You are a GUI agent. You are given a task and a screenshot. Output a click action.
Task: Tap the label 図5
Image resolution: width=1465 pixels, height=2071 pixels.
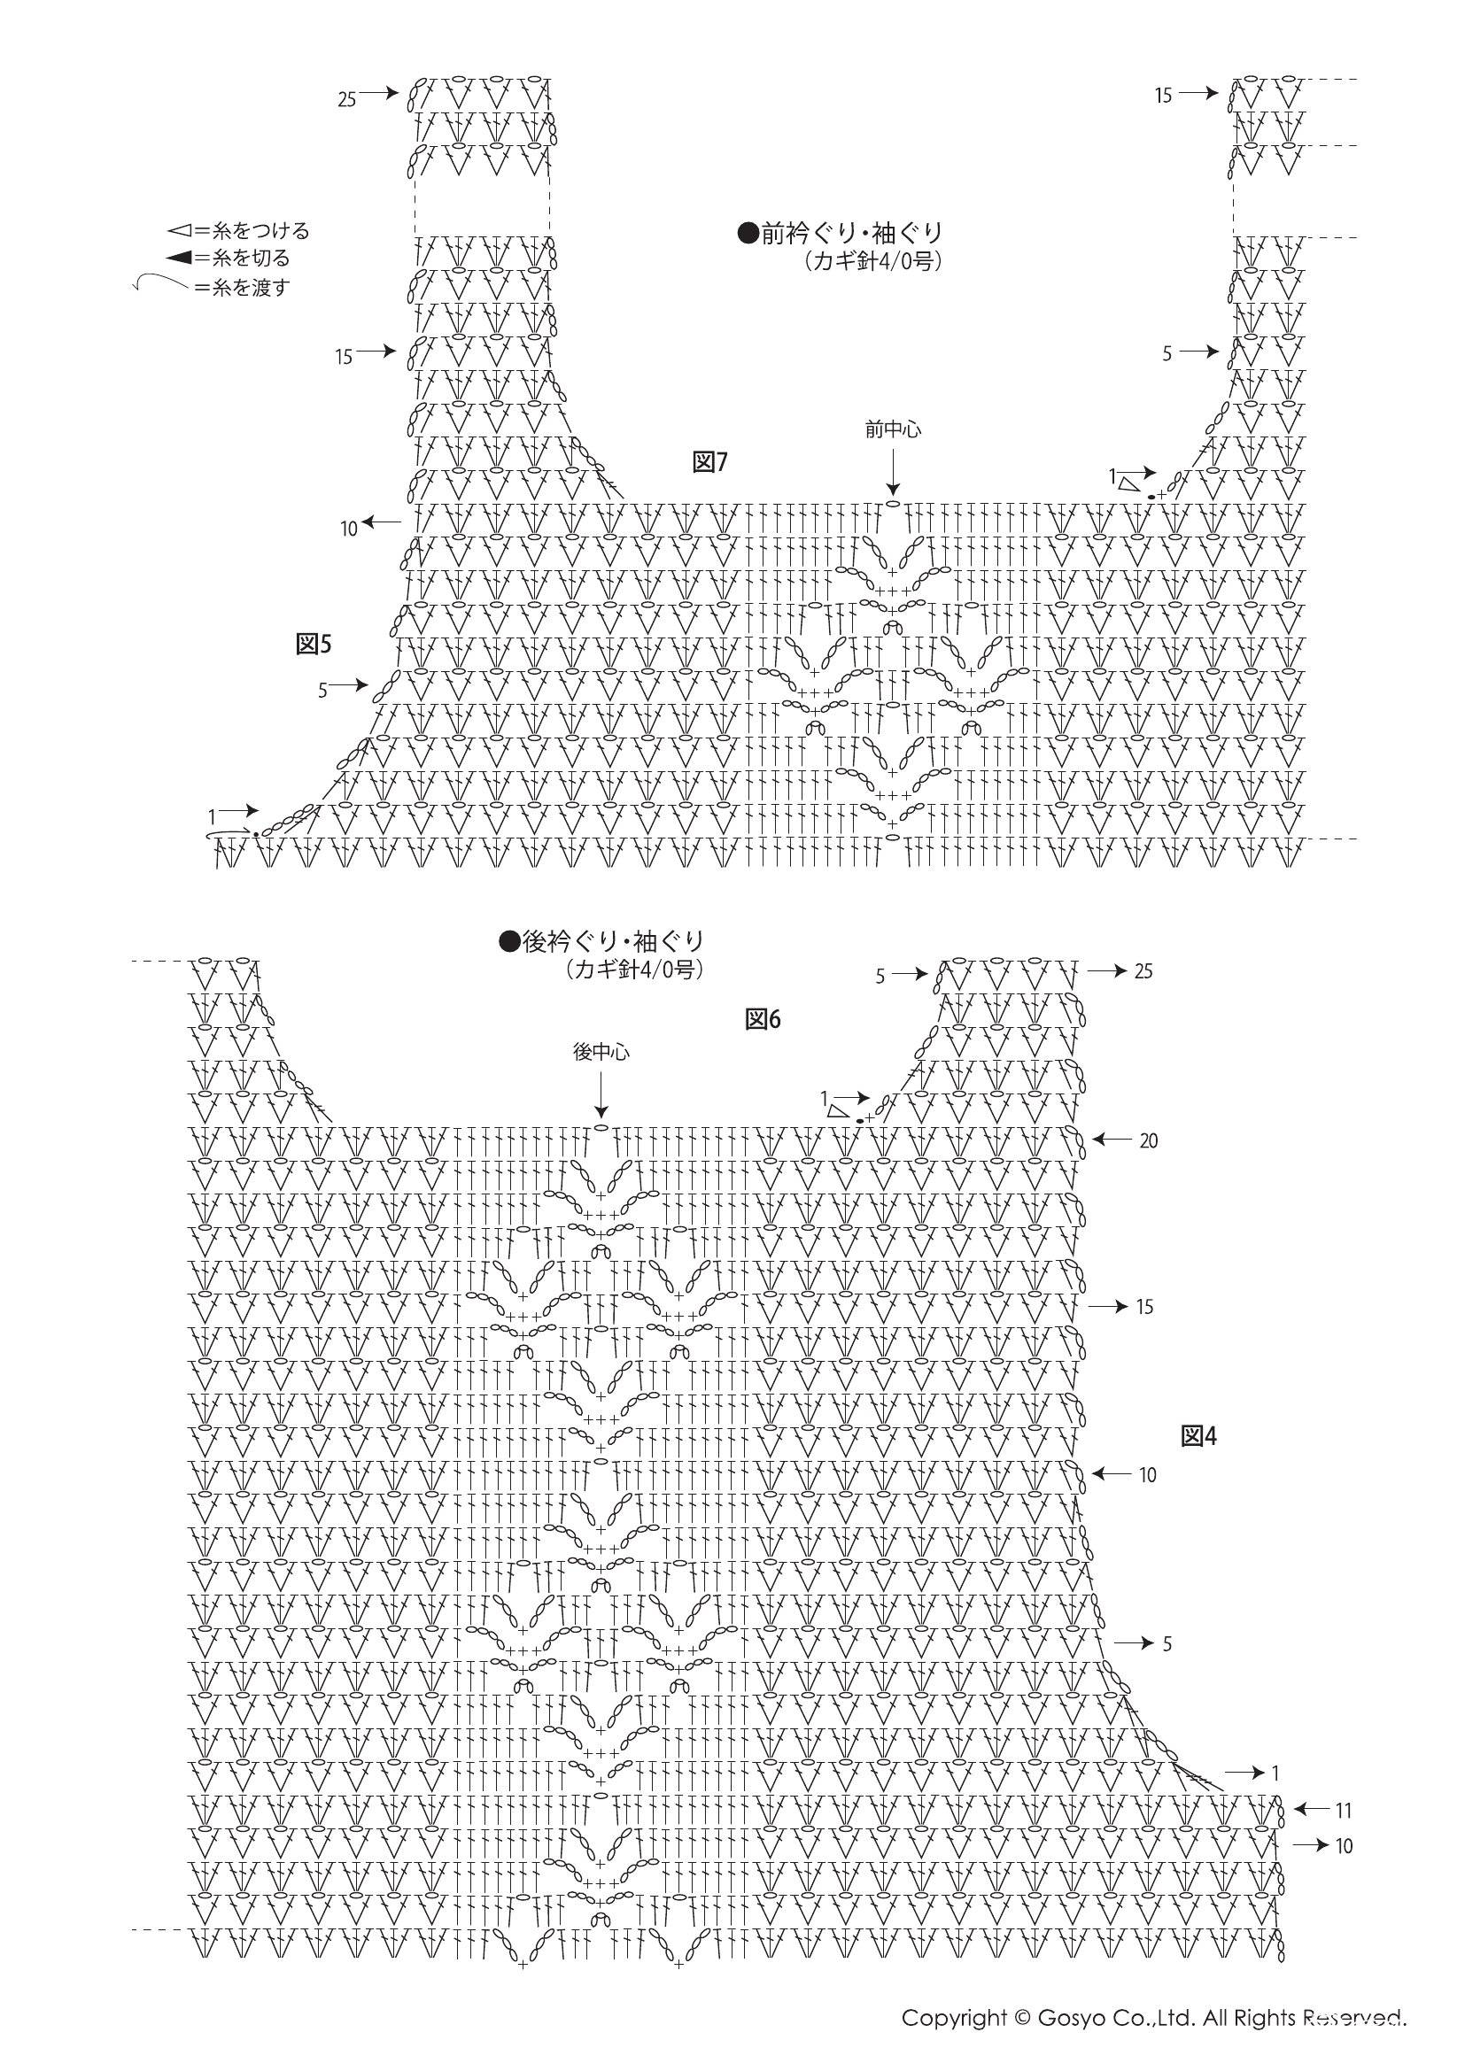[x=314, y=643]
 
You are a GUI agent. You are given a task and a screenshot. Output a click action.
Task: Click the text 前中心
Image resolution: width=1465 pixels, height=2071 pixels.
[x=893, y=430]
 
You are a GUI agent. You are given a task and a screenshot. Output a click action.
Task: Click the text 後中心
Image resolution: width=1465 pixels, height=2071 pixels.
[x=601, y=1052]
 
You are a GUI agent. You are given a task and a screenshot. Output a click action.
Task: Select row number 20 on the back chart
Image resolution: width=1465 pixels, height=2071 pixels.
[x=1149, y=1141]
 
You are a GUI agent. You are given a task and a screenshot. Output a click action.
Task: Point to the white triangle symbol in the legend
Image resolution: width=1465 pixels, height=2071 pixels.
[x=178, y=230]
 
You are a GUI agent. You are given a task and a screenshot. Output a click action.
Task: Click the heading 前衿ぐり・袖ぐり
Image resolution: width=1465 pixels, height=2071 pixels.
[x=841, y=234]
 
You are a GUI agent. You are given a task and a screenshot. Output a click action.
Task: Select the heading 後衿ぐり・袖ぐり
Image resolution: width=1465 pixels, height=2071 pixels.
[x=601, y=942]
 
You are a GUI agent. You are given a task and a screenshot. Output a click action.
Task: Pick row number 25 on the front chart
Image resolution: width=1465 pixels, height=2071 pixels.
[x=347, y=99]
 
